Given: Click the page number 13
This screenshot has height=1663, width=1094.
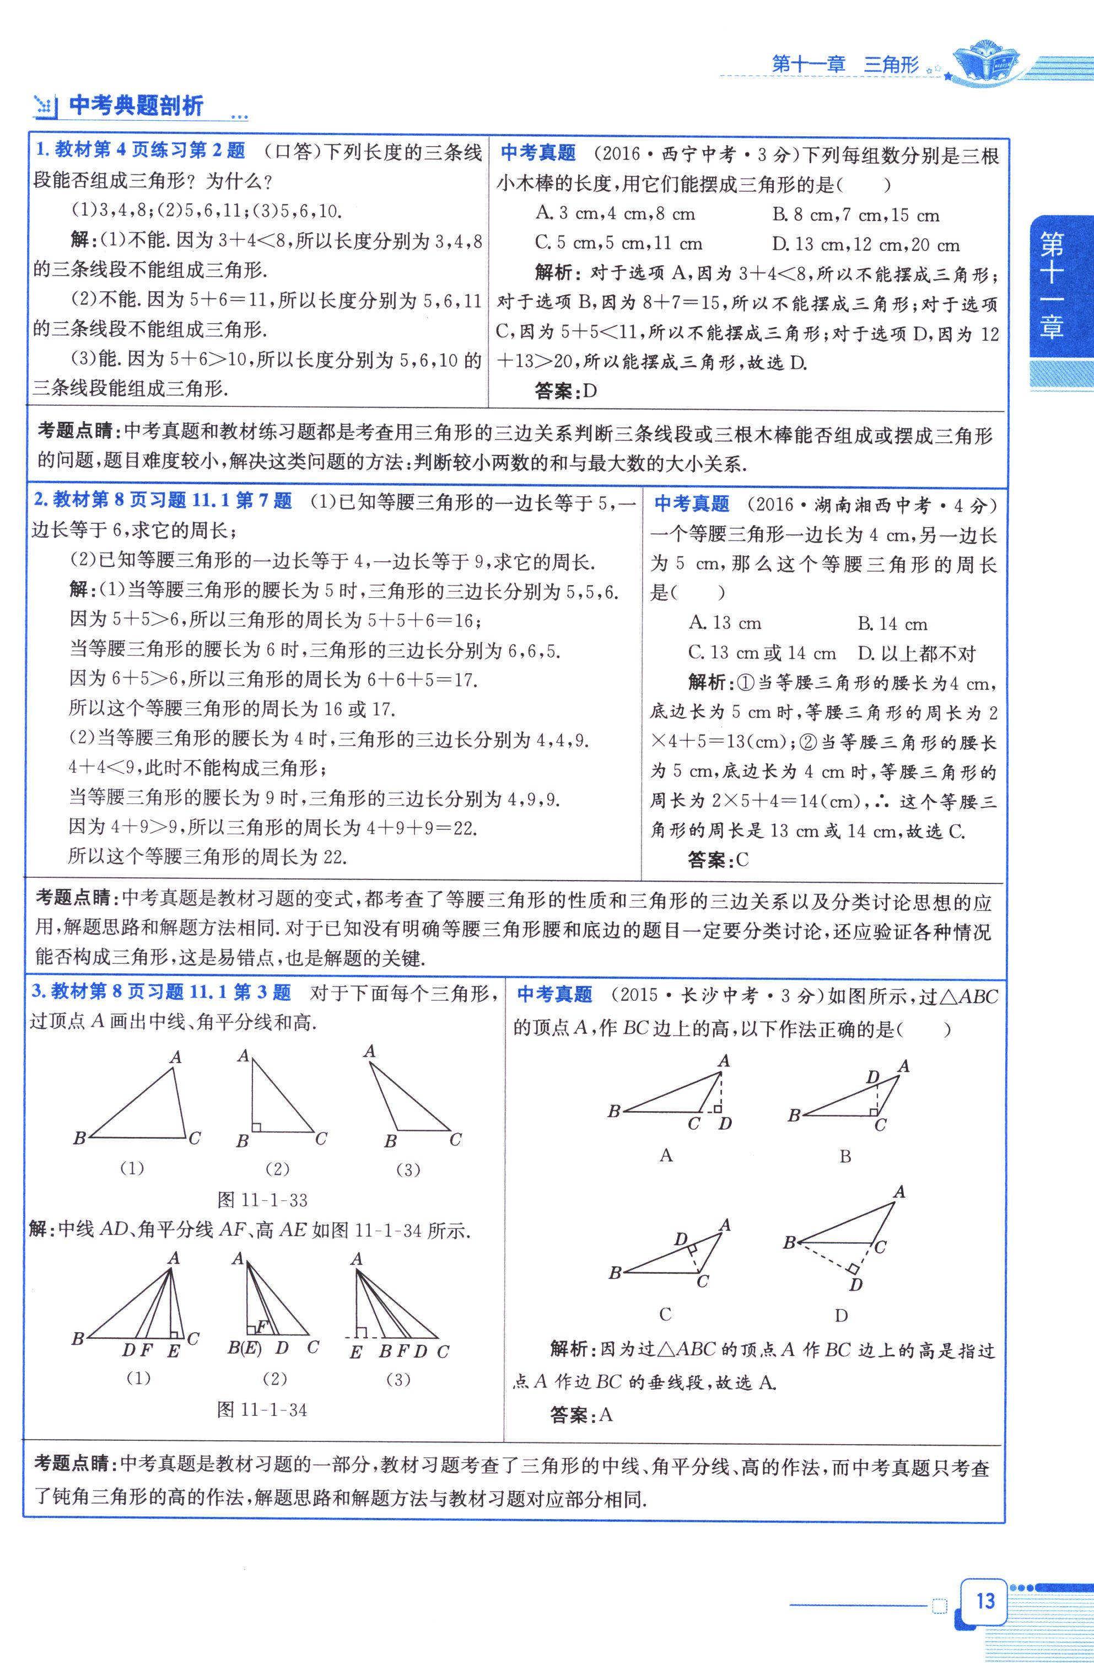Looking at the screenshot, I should [x=985, y=1601].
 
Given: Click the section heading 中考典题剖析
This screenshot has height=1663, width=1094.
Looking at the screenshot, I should [x=136, y=106].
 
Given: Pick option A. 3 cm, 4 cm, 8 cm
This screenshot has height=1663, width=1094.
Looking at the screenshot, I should [x=615, y=214].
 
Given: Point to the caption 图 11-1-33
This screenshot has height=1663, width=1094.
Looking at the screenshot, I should [x=263, y=1200].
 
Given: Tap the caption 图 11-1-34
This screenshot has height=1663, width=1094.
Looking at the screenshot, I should [x=263, y=1409].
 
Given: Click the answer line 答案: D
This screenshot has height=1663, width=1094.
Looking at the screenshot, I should [x=565, y=390].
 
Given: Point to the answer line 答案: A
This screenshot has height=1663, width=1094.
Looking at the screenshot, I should [x=580, y=1415].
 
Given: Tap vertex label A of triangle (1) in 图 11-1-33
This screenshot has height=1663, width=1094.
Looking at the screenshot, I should [x=176, y=1057].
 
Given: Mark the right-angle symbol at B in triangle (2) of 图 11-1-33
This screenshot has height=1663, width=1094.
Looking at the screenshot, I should [x=256, y=1126].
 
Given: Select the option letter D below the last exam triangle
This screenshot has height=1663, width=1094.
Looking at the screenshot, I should [x=841, y=1316].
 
